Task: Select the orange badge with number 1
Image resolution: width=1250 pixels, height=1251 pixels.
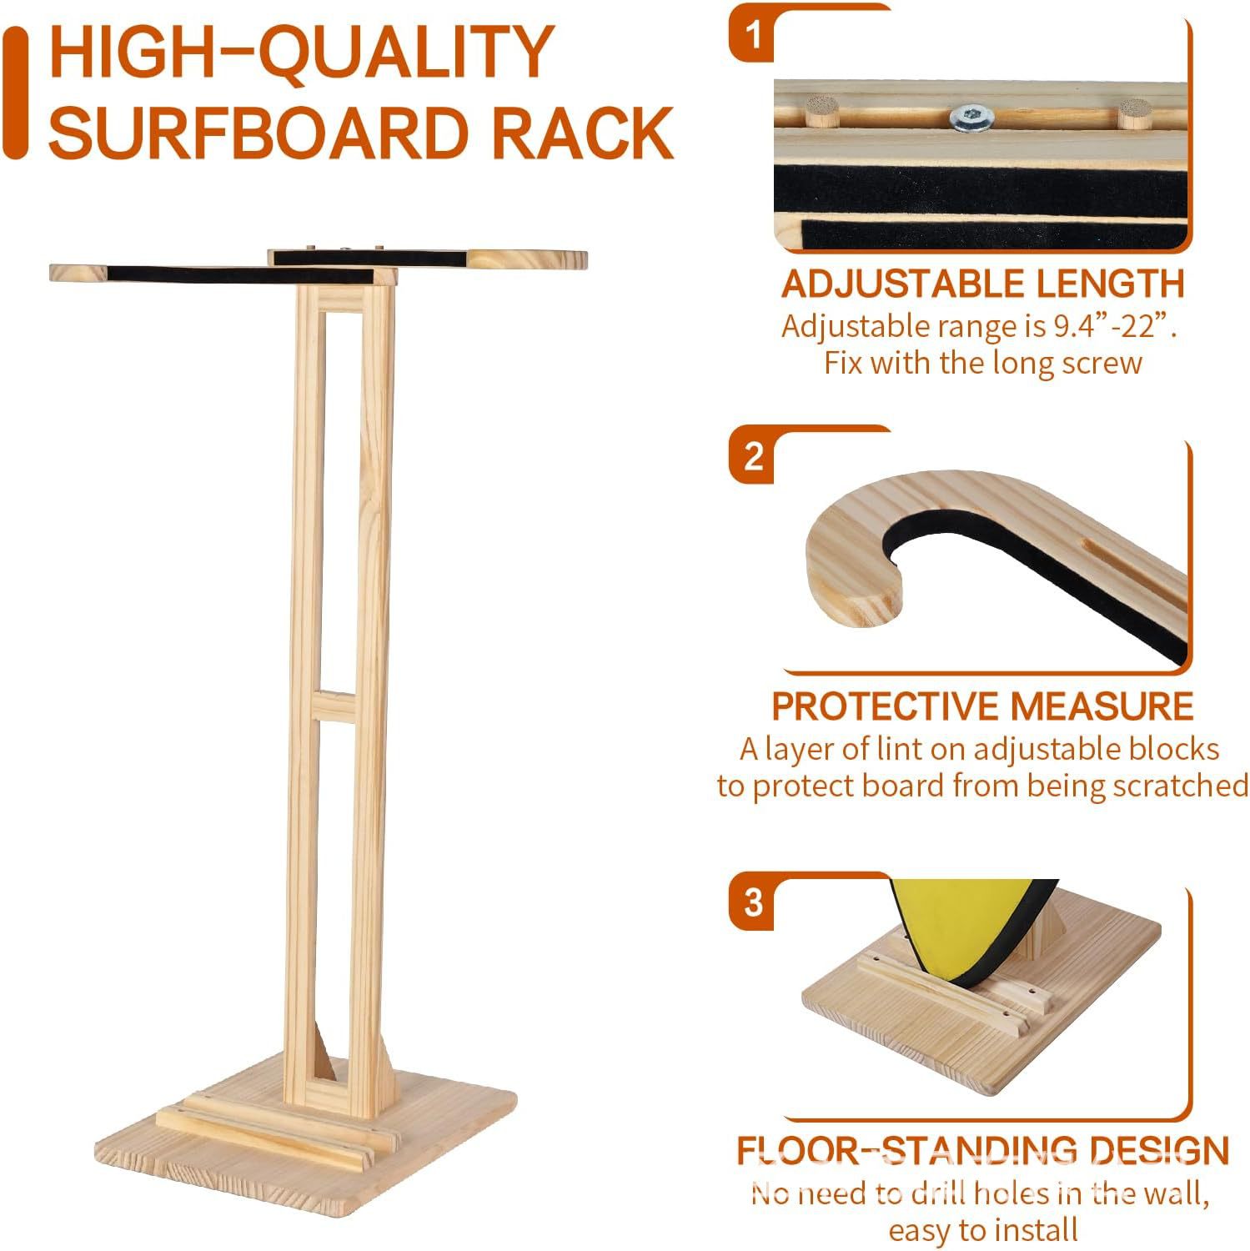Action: click(753, 36)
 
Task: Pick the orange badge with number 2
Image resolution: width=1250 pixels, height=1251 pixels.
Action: click(753, 457)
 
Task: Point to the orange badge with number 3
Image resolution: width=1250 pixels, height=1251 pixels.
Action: click(753, 902)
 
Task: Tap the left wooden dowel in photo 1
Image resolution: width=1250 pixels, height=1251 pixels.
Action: click(821, 112)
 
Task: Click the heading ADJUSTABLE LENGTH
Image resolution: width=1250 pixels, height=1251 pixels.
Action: click(982, 284)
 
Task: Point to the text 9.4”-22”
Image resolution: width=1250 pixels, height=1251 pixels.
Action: click(1112, 326)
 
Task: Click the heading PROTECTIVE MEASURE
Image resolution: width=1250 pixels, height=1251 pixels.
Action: click(982, 706)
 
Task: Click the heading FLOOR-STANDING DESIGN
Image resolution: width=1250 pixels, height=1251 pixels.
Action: click(982, 1151)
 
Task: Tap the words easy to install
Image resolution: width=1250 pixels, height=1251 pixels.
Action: click(982, 1229)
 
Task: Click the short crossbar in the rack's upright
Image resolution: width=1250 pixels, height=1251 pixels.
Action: click(344, 706)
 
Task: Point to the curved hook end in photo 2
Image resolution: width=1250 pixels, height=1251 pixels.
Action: click(851, 575)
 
